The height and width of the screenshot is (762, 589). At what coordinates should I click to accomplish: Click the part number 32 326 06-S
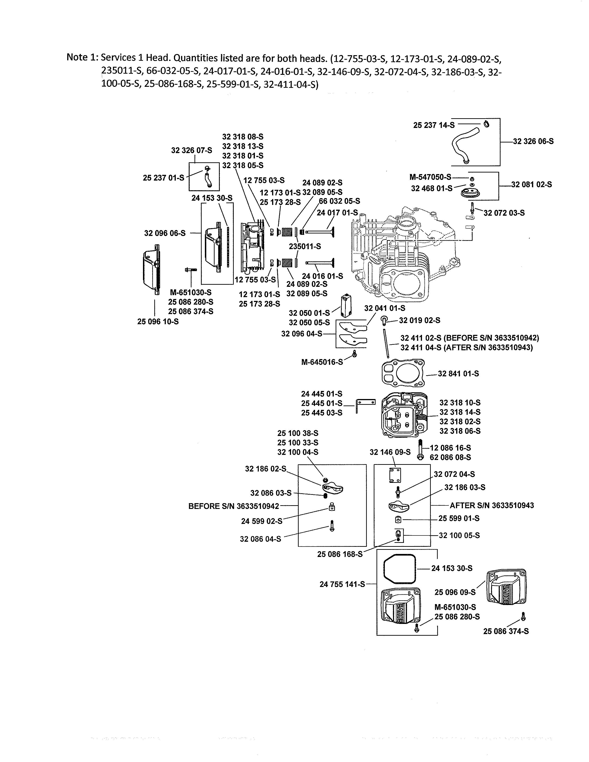tap(533, 141)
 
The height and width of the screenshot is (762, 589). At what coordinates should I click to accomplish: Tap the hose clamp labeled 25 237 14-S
tap(486, 124)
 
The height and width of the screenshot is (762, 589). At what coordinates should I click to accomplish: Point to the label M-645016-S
tap(322, 362)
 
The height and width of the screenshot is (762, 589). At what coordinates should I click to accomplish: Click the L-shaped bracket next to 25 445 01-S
tap(365, 405)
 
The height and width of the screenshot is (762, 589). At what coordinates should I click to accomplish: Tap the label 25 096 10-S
tap(158, 322)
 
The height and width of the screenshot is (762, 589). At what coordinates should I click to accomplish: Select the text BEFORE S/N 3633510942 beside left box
tap(234, 506)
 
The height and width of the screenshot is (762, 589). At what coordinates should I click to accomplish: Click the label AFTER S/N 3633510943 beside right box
tap(492, 505)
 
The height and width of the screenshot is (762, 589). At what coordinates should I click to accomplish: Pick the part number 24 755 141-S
tap(342, 584)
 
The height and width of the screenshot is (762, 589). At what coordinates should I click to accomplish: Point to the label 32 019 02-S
tap(419, 320)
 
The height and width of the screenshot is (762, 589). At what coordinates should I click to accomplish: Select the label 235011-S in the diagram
tap(305, 246)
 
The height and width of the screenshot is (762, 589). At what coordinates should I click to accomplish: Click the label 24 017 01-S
tap(337, 212)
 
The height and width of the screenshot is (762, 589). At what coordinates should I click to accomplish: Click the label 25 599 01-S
tap(459, 518)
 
